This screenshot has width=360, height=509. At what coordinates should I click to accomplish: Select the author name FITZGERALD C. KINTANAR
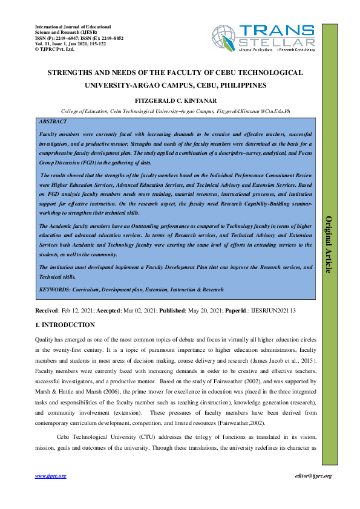click(180, 101)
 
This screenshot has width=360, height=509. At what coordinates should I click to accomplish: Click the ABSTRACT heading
click(53, 122)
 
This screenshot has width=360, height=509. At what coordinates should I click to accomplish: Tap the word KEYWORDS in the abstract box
click(56, 290)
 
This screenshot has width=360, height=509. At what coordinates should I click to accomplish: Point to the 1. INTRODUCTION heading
click(65, 325)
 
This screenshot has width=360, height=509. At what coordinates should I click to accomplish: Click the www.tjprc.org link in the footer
click(51, 476)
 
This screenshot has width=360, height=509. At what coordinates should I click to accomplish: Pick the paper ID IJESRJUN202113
click(273, 310)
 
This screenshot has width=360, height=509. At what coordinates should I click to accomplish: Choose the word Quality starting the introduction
click(45, 340)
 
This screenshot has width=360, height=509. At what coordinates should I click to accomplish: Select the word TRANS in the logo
click(277, 32)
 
